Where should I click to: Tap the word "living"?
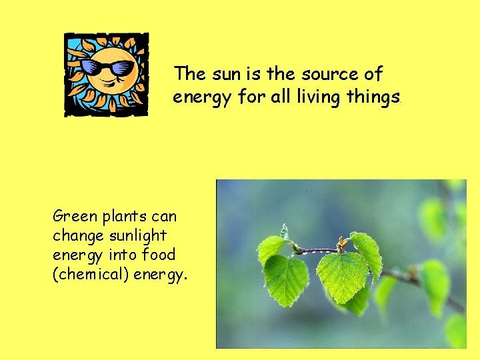pyautogui.click(x=319, y=98)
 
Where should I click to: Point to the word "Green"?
pyautogui.click(x=74, y=216)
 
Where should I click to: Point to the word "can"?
pyautogui.click(x=165, y=217)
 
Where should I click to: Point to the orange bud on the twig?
pyautogui.click(x=343, y=241)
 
